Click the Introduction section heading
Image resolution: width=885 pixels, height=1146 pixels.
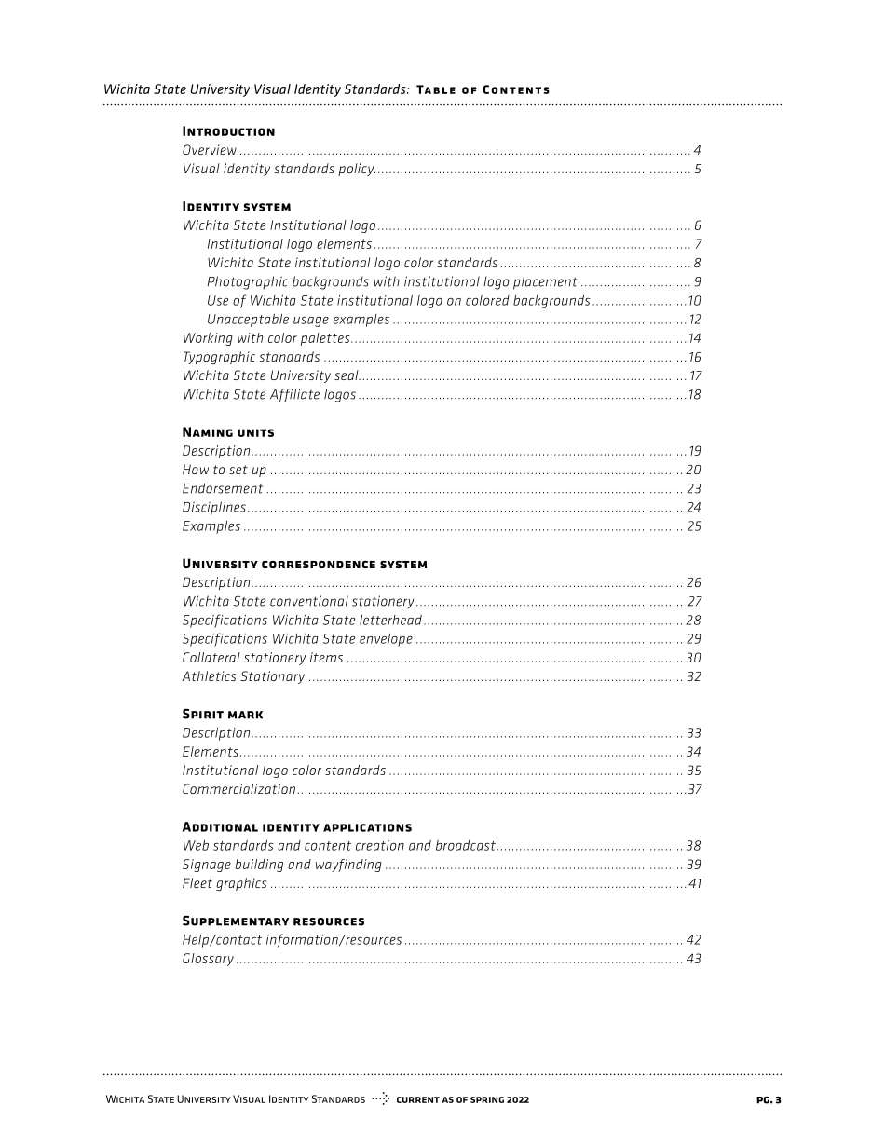[228, 131]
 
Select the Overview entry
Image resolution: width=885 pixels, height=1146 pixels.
[210, 150]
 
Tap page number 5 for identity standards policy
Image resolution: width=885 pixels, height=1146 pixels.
[697, 170]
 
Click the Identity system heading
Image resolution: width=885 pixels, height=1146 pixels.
[237, 207]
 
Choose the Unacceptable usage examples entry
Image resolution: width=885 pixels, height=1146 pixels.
[298, 320]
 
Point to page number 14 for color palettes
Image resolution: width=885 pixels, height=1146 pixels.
[694, 338]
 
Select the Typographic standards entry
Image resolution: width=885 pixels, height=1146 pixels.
[251, 357]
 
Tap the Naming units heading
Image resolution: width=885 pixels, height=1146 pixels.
[228, 432]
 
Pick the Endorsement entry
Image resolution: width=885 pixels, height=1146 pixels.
[223, 488]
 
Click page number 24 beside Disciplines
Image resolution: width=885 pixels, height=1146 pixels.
[693, 508]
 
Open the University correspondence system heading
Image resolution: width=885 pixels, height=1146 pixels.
[305, 564]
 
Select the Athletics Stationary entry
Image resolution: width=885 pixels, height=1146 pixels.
[243, 676]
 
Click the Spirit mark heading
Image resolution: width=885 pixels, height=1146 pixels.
[223, 715]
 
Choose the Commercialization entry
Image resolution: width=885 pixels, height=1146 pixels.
[238, 789]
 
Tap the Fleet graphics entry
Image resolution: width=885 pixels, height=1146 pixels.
[225, 883]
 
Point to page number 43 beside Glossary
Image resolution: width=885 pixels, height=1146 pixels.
[693, 959]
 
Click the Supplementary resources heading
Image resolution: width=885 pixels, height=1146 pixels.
[273, 921]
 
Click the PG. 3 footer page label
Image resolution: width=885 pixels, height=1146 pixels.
[769, 1100]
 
